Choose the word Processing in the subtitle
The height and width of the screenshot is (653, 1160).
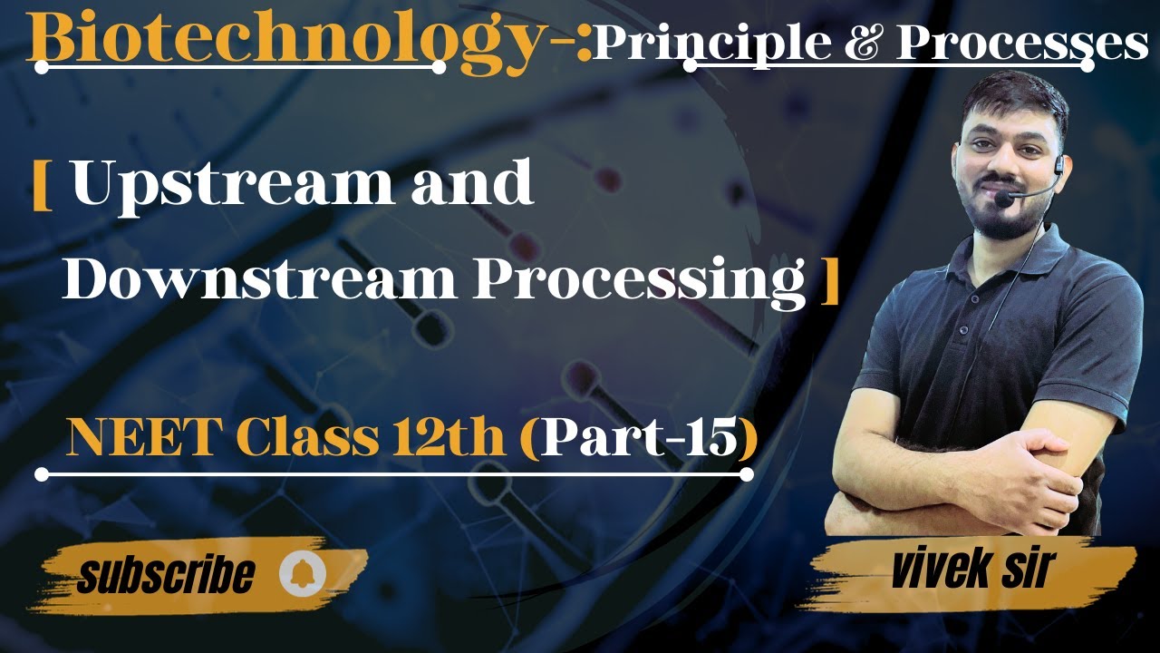(638, 281)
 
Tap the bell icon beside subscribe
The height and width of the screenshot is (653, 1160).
(300, 575)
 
